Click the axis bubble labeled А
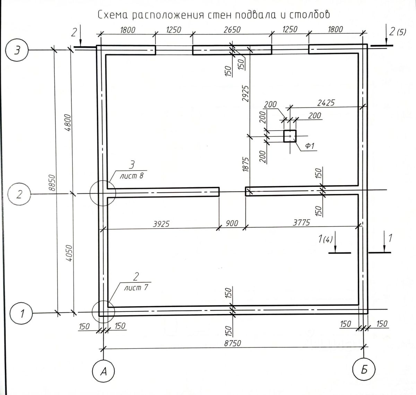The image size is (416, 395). tap(103, 371)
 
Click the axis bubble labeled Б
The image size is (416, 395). tap(364, 370)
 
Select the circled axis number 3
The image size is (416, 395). tap(17, 51)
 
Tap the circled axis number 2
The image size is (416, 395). tap(19, 194)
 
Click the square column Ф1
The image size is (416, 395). tap(290, 136)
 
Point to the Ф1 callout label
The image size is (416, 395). tap(310, 146)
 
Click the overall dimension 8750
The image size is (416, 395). tap(233, 343)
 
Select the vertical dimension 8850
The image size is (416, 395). tap(52, 183)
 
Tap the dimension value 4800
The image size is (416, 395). tap(68, 123)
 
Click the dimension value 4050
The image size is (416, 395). tap(69, 253)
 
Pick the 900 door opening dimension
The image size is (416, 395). tap(232, 223)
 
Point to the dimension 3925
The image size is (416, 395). tap(161, 224)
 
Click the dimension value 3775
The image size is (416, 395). tap(301, 223)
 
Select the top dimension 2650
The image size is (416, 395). tap(232, 30)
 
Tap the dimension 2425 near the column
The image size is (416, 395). tap(326, 103)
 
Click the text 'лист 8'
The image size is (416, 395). tap(132, 176)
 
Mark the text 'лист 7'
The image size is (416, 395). tap(136, 288)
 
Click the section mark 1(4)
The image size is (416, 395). tap(325, 239)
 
